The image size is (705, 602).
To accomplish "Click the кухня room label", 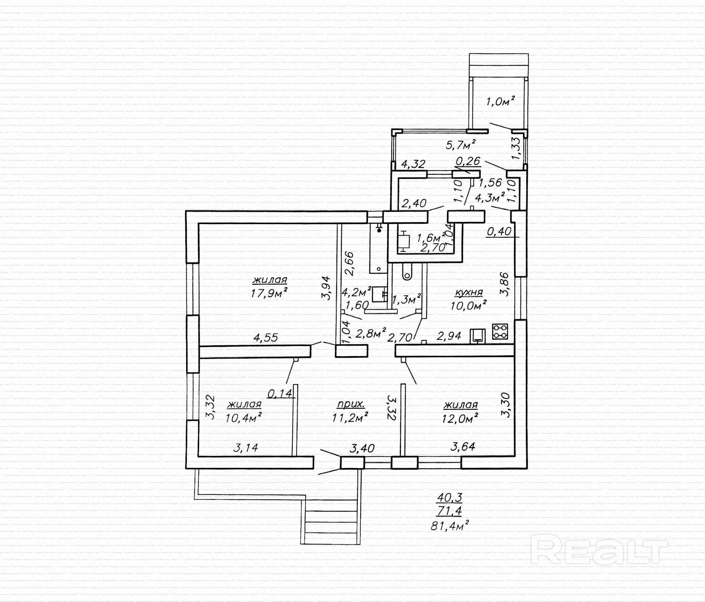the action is click(x=468, y=292).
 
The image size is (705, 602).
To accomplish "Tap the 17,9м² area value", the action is click(x=269, y=293).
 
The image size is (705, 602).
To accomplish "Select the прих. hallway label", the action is click(x=351, y=404).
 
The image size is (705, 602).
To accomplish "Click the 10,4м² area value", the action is click(x=244, y=418).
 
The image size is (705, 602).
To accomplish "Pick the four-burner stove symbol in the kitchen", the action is click(x=500, y=331).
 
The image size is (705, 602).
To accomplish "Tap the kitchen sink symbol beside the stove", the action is click(x=478, y=336).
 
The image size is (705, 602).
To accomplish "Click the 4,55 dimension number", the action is click(x=265, y=338).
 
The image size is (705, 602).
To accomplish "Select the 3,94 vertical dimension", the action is click(x=326, y=288).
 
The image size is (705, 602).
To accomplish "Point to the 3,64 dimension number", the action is click(x=463, y=447).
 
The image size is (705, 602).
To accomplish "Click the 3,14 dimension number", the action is click(x=245, y=448).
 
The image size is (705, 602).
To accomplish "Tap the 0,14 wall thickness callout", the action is click(x=279, y=394).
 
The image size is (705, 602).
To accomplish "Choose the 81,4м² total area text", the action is click(x=450, y=526).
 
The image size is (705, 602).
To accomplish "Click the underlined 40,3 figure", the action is click(x=449, y=497).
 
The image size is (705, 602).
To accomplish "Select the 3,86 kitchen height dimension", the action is click(x=505, y=284).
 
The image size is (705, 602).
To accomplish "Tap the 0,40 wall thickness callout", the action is click(x=499, y=231).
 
